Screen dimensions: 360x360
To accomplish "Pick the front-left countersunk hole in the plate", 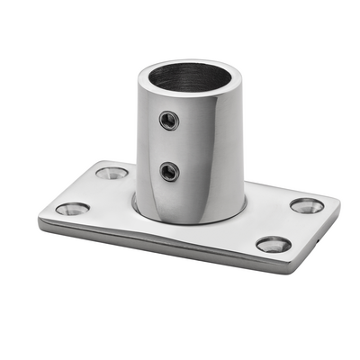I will (x=72, y=209).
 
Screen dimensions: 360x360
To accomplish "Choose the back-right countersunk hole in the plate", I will (x=307, y=205).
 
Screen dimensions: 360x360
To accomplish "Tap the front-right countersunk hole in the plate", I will (x=273, y=244).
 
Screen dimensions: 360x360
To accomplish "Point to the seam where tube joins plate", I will (x=180, y=221).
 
